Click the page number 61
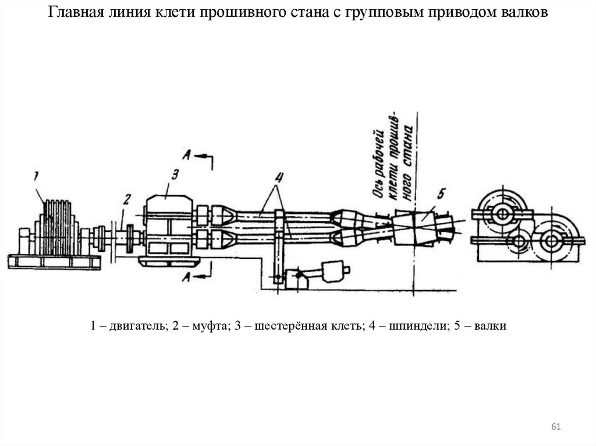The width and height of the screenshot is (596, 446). [556, 427]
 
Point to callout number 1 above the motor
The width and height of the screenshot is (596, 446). [36, 177]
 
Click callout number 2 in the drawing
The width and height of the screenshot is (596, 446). [127, 199]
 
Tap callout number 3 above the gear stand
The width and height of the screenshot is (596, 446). [175, 175]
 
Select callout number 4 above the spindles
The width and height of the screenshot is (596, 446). [279, 177]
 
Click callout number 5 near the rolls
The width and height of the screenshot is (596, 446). [441, 194]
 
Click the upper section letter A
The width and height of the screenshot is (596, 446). [187, 155]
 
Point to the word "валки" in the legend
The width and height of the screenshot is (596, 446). [490, 326]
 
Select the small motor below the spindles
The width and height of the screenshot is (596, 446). [335, 271]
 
